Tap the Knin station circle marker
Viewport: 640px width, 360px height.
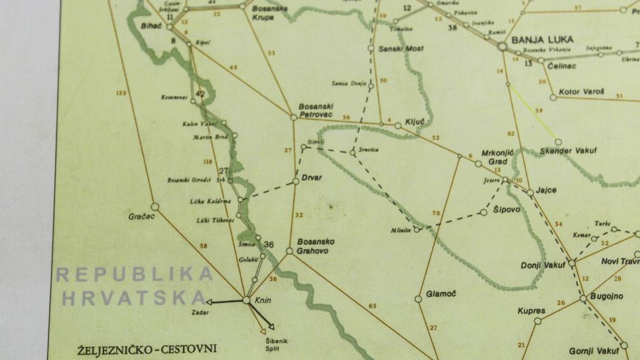coord(246,299)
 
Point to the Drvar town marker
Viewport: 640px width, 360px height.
coord(295,181)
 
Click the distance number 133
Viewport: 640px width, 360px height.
coord(122,93)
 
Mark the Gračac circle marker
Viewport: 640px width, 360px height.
coord(155,206)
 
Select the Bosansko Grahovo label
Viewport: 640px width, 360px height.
coord(315,246)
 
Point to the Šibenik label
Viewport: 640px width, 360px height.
coord(272,340)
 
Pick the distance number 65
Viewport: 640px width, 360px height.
coord(372,306)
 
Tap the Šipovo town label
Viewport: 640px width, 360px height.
coord(507,210)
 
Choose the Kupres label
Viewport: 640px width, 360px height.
coord(532,311)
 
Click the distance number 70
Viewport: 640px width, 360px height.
coord(436,214)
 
